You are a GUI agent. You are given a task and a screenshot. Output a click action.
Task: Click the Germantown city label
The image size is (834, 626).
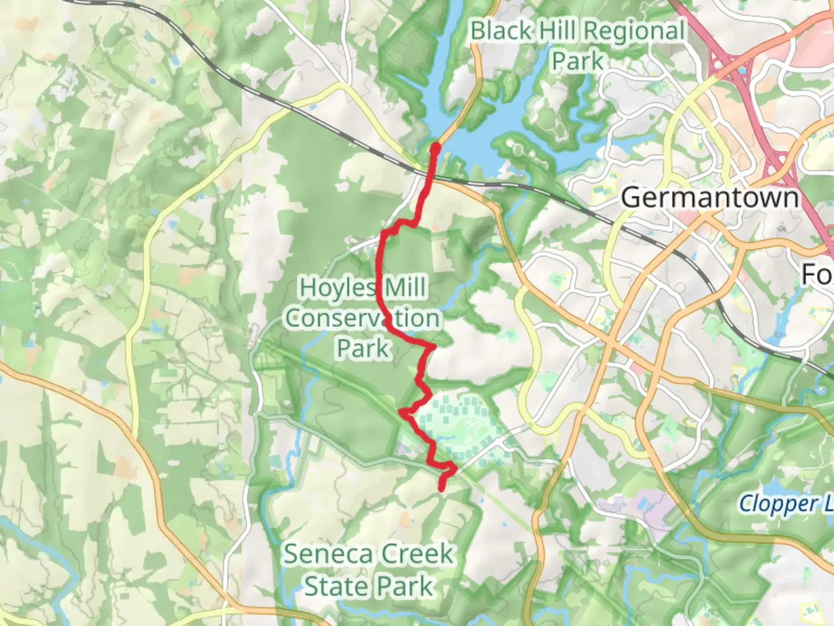[x=709, y=198]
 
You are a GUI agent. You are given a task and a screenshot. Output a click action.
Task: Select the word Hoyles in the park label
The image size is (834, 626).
[x=337, y=287]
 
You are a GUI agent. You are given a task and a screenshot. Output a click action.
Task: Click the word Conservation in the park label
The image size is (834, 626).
[x=362, y=318]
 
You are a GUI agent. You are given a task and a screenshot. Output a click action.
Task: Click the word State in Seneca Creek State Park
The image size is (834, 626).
[x=337, y=586]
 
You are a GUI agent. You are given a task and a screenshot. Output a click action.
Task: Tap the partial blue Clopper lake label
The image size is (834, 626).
[x=785, y=503]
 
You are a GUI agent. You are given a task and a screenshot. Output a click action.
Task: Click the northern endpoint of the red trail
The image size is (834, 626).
[x=435, y=149]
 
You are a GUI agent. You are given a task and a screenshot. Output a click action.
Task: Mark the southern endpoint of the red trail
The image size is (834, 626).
[x=442, y=489]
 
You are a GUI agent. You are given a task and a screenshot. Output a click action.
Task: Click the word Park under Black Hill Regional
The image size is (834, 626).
[x=577, y=61]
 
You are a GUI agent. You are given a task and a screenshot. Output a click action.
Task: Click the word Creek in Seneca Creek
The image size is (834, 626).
[x=414, y=554]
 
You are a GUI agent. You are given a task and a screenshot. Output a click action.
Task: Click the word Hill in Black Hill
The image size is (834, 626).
[x=558, y=31]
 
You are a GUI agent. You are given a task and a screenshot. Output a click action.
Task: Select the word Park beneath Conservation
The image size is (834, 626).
[x=363, y=349]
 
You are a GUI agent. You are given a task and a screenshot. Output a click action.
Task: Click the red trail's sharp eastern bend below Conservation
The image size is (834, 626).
[x=432, y=346]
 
